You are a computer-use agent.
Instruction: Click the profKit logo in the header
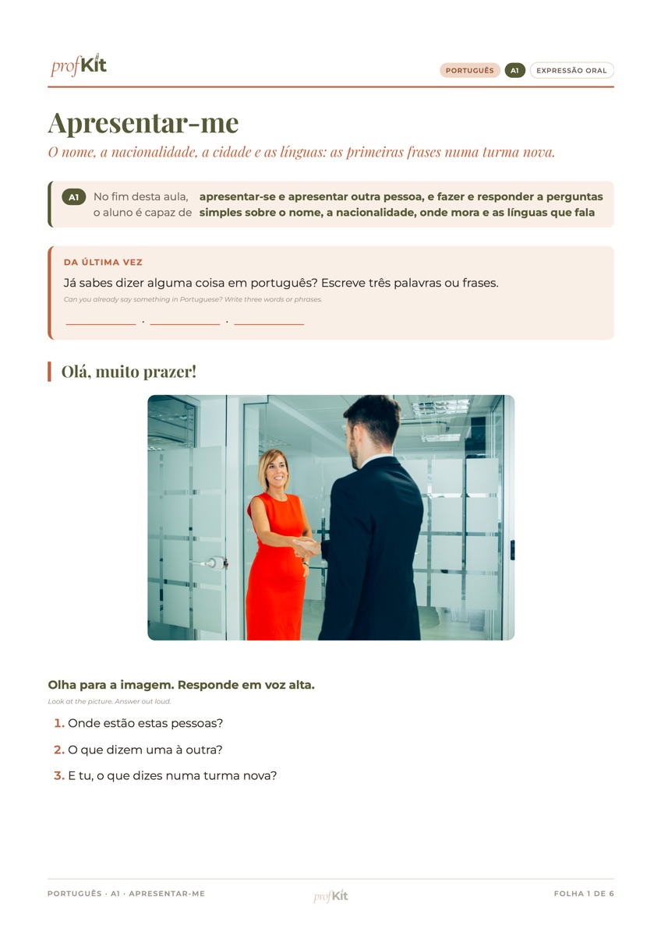point(79,65)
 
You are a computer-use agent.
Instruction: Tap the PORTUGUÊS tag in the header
point(469,71)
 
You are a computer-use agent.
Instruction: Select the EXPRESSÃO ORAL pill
point(571,71)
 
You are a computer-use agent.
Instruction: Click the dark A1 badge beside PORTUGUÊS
point(514,71)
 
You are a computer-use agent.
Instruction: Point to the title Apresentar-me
point(143,123)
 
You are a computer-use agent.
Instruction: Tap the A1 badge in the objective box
point(74,197)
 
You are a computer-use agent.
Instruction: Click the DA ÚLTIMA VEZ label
point(103,262)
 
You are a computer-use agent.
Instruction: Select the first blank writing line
point(101,324)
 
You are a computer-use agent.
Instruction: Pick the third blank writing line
point(269,324)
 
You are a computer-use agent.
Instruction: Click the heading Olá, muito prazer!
point(129,372)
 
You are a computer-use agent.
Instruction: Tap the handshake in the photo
point(306,546)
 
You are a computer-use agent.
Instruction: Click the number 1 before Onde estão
point(59,723)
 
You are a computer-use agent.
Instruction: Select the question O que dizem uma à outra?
point(145,750)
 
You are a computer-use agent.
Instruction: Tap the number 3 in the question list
point(59,775)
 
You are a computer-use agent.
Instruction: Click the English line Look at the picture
point(109,702)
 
